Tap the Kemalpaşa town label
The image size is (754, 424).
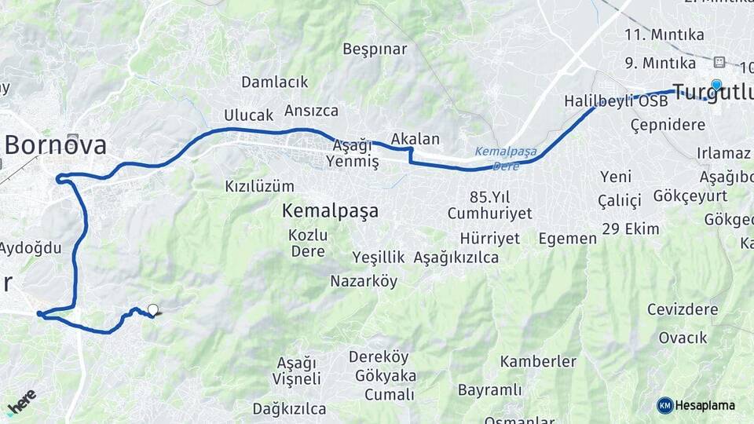[x=330, y=210]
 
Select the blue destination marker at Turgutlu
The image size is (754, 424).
[x=716, y=85]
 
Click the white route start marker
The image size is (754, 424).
[x=152, y=309]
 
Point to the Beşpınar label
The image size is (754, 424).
[x=375, y=49]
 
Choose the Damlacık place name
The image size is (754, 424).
[x=274, y=82]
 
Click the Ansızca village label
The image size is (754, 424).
[x=311, y=110]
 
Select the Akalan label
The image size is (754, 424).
[x=415, y=139]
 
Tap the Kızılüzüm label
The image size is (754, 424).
[x=259, y=186]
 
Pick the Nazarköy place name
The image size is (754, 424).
[x=364, y=280]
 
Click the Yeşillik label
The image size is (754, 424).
[x=378, y=257]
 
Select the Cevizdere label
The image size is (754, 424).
[x=682, y=309]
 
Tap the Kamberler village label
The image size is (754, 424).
[x=538, y=362]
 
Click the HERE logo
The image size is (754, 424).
[x=21, y=401]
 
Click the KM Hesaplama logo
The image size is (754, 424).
[x=696, y=405]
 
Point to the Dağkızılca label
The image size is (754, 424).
[x=289, y=408]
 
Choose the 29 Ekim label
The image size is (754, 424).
[x=630, y=228]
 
